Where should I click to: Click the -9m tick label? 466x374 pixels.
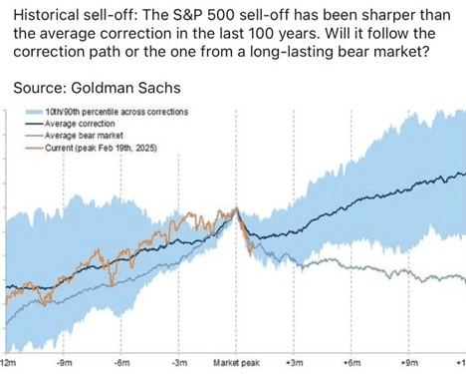64,363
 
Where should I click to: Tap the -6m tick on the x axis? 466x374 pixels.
121,363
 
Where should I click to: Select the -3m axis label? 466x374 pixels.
179,363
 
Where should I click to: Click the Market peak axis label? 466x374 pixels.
236,363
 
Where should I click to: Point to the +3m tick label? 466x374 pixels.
295,363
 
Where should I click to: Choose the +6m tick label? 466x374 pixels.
352,363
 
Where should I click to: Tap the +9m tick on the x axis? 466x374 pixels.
410,363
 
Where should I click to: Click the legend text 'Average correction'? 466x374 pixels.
80,124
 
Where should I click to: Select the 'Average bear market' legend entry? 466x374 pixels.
84,136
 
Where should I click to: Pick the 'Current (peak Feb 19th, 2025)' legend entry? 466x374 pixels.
101,148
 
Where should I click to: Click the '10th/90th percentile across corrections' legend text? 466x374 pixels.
116,112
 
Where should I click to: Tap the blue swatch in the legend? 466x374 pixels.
35,112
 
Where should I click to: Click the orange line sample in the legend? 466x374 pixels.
35,148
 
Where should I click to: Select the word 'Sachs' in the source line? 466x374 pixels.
159,88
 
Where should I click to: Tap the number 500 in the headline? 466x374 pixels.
222,15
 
